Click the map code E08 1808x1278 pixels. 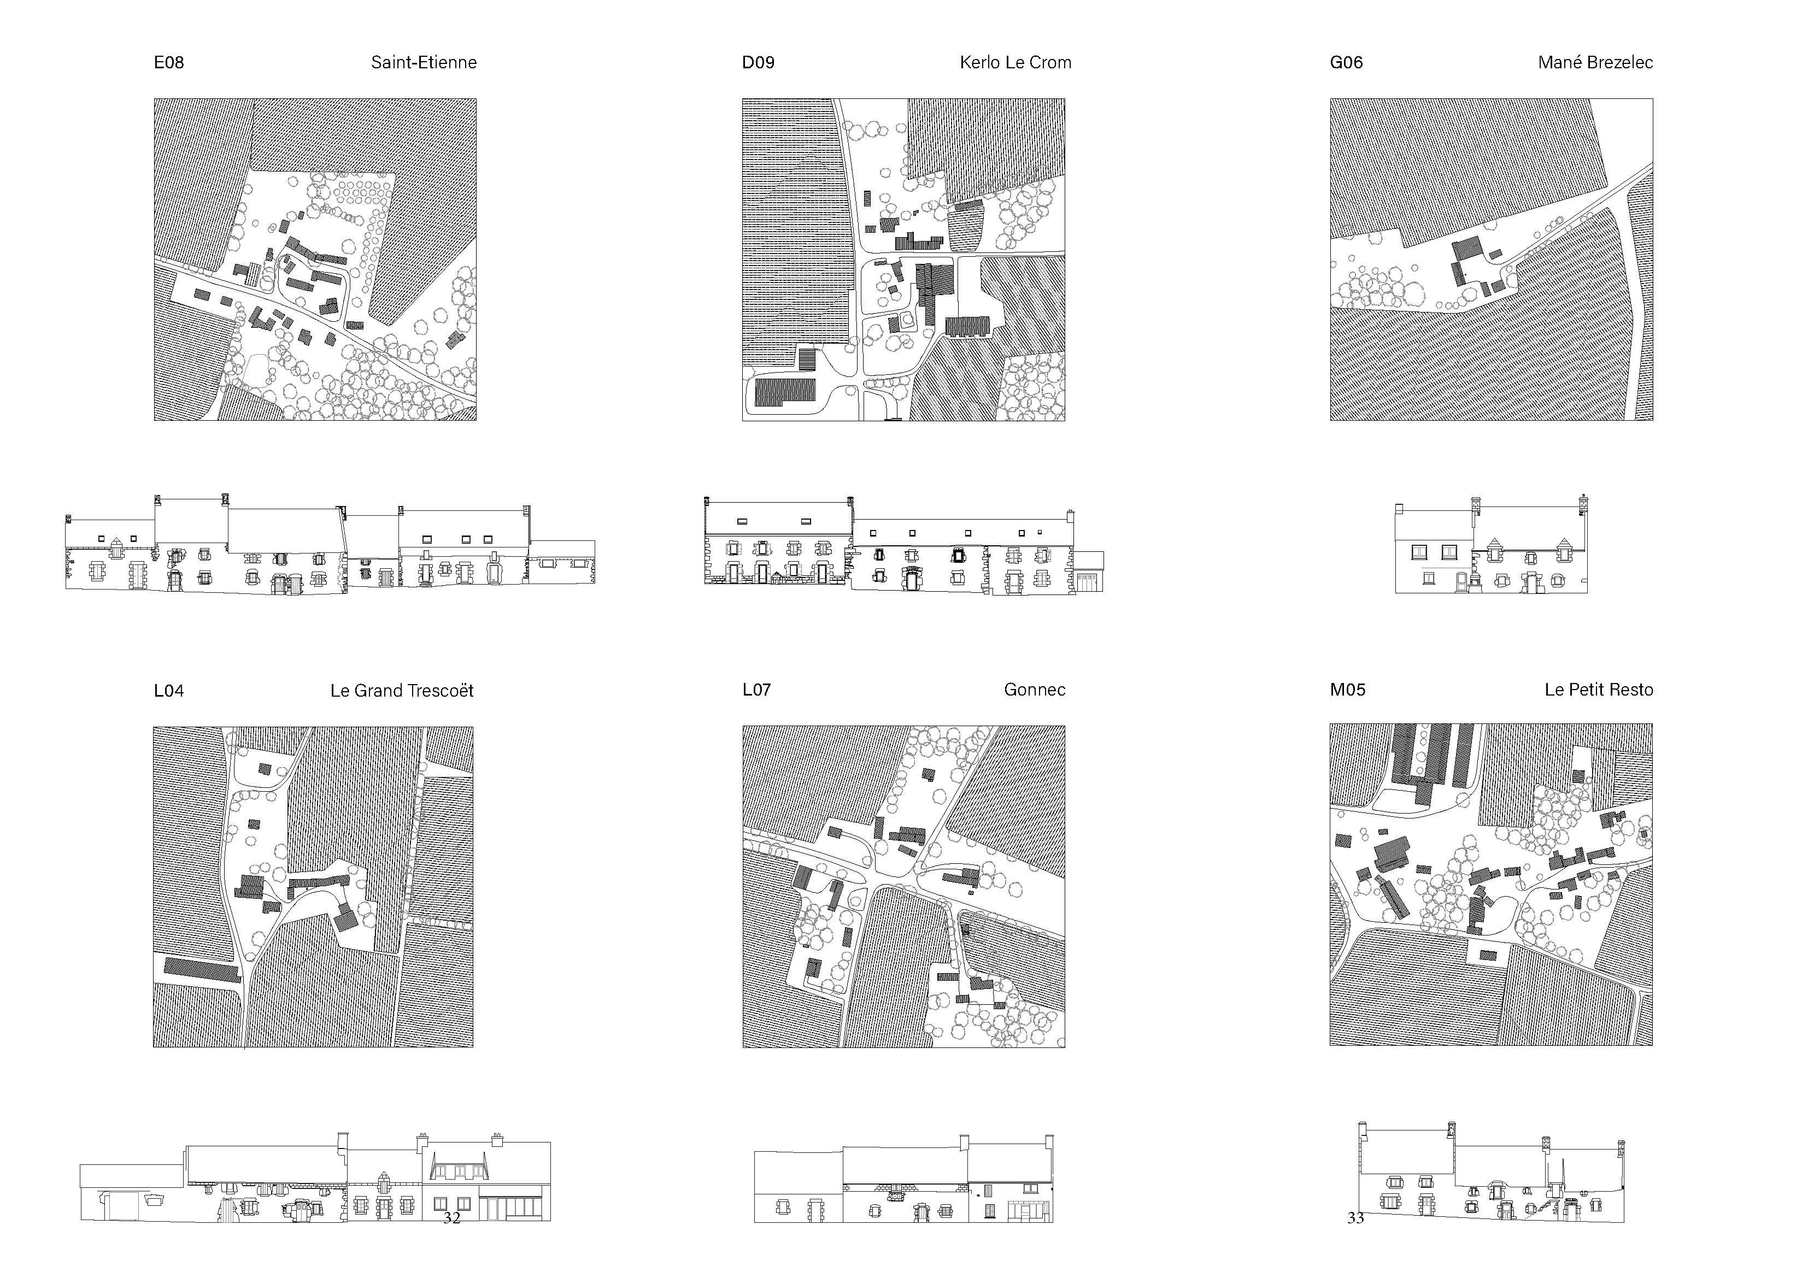(x=168, y=63)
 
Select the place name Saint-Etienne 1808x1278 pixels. (x=424, y=63)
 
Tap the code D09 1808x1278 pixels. (x=758, y=63)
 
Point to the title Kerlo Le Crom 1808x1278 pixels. (x=1015, y=63)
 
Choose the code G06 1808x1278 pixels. (x=1346, y=63)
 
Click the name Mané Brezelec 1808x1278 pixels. (x=1595, y=63)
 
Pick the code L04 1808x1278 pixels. (x=168, y=691)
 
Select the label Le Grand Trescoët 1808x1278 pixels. (x=402, y=691)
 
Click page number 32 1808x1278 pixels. (x=452, y=1218)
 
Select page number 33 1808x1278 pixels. (x=1355, y=1218)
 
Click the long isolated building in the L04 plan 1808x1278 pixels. (x=201, y=970)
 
